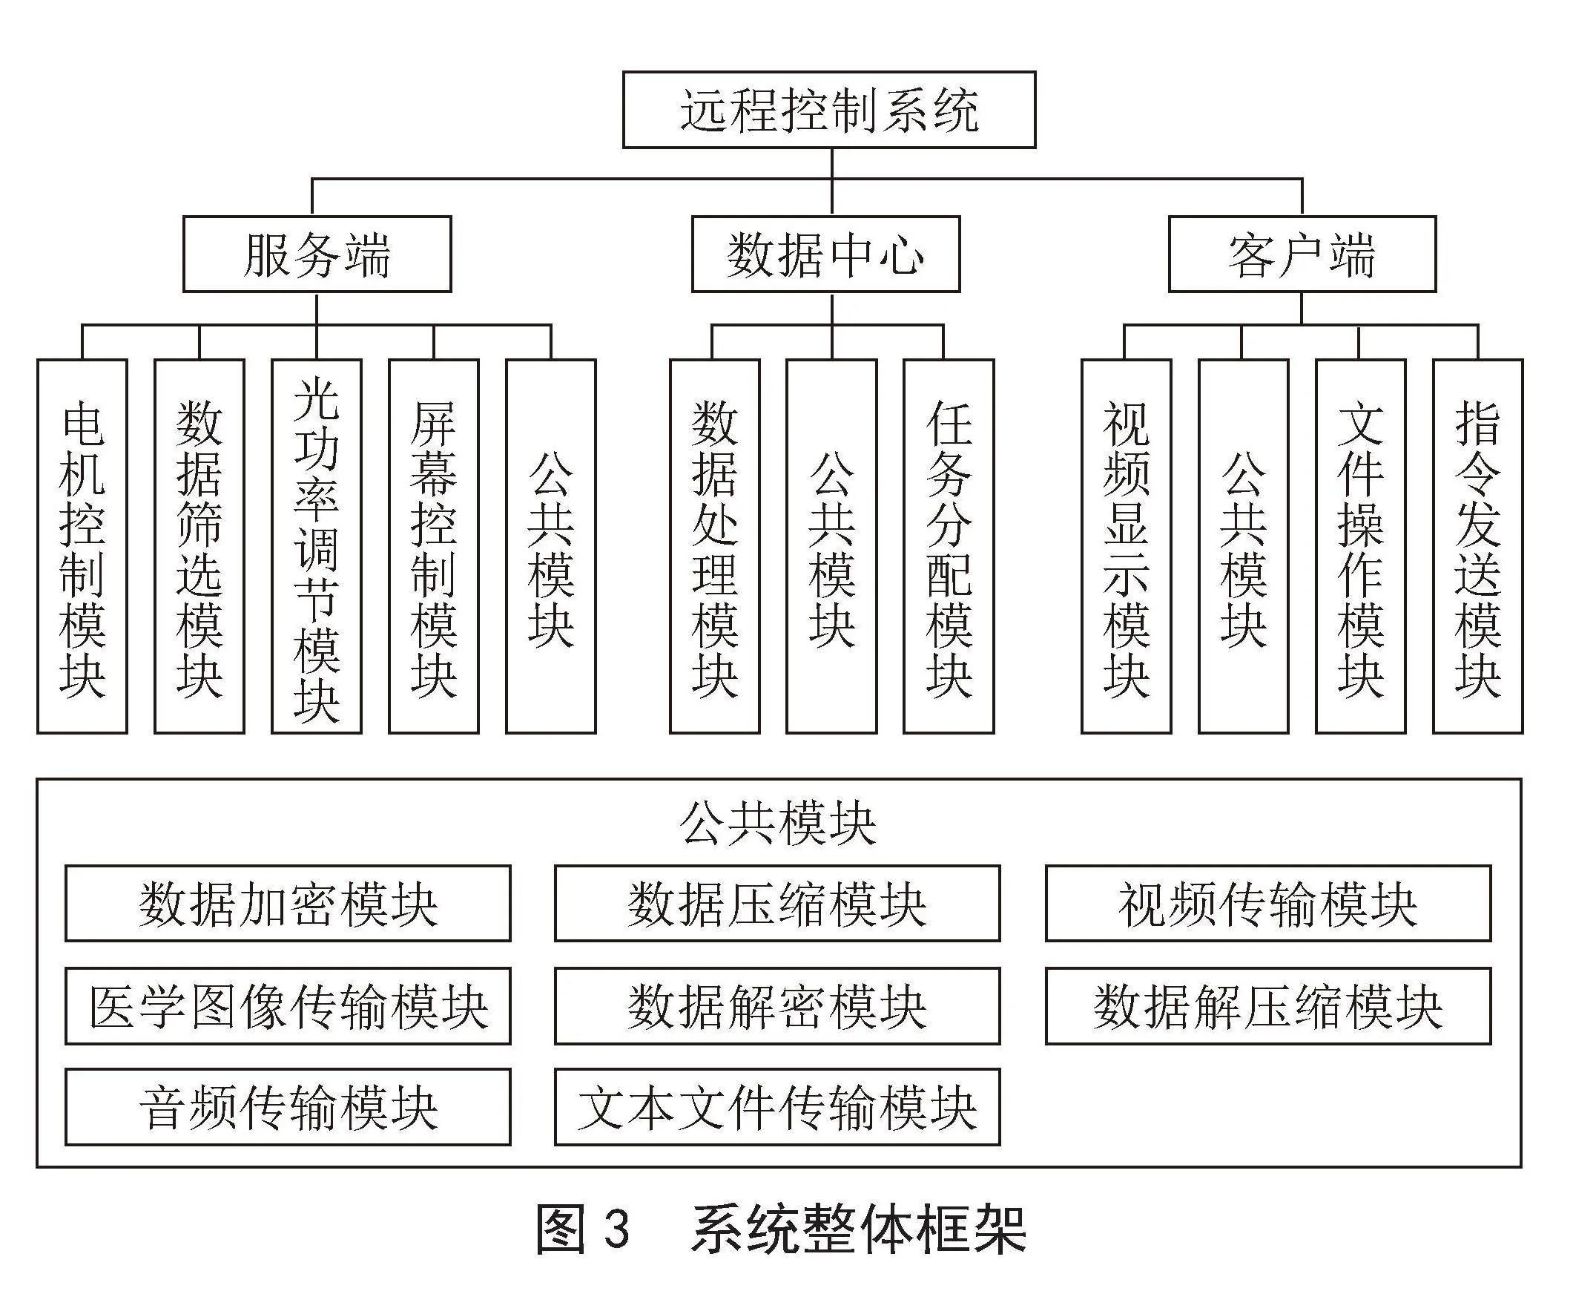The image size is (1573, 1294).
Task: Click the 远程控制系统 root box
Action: [x=828, y=110]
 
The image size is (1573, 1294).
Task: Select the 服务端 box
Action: [x=317, y=254]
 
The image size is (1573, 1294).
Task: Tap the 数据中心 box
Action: [x=825, y=254]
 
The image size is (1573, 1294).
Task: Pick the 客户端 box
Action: [x=1302, y=254]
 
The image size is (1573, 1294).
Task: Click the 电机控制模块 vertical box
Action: [x=82, y=546]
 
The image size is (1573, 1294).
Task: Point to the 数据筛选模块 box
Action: [x=199, y=546]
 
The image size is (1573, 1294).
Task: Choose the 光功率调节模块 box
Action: [x=317, y=546]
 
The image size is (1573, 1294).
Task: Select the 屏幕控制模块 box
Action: [x=434, y=546]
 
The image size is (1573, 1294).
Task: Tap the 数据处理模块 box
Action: [x=715, y=546]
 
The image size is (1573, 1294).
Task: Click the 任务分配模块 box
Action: [x=949, y=546]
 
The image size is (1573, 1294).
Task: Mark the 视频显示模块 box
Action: [x=1126, y=546]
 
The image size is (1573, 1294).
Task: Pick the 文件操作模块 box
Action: [x=1361, y=546]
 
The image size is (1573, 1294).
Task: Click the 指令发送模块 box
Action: [x=1477, y=546]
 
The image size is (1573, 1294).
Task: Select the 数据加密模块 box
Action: [x=288, y=904]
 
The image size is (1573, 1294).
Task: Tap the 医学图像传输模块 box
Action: [x=288, y=1005]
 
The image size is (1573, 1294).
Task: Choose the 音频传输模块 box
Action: [x=288, y=1107]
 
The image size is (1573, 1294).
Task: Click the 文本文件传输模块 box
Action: [x=777, y=1107]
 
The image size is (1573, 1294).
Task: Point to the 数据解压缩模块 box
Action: [x=1268, y=1005]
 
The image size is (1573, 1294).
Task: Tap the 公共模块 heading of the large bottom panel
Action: [x=777, y=824]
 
